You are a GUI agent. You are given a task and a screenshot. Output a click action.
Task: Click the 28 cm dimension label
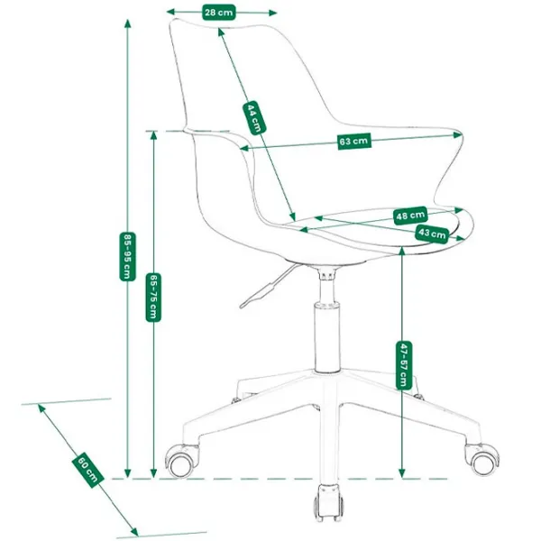click(x=219, y=13)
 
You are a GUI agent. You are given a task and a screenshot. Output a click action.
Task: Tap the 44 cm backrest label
click(x=254, y=117)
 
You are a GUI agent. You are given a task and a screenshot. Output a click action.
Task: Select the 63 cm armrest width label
click(x=354, y=141)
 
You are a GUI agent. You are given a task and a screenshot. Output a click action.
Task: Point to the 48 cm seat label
click(x=410, y=215)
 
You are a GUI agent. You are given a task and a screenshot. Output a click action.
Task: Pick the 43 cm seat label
click(x=432, y=234)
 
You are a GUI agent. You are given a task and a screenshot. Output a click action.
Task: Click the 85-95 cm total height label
click(x=127, y=256)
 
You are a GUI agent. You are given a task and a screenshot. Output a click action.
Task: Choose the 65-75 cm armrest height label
click(x=153, y=297)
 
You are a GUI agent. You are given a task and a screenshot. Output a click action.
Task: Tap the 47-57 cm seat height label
click(x=403, y=365)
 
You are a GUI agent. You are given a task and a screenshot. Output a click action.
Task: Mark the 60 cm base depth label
click(x=87, y=472)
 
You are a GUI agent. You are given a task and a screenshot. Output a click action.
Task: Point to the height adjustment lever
click(x=270, y=286)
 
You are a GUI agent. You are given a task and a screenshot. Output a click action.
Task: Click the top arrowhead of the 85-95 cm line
click(x=128, y=23)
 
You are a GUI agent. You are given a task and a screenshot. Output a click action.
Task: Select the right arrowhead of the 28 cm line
click(x=272, y=14)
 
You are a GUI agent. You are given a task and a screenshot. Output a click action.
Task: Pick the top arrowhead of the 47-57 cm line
click(x=401, y=252)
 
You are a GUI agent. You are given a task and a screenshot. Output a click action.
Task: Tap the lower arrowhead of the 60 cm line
click(x=133, y=531)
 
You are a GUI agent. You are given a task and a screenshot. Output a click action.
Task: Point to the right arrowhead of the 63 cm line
click(x=457, y=135)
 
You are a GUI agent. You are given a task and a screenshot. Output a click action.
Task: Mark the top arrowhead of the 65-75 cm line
click(x=153, y=136)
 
